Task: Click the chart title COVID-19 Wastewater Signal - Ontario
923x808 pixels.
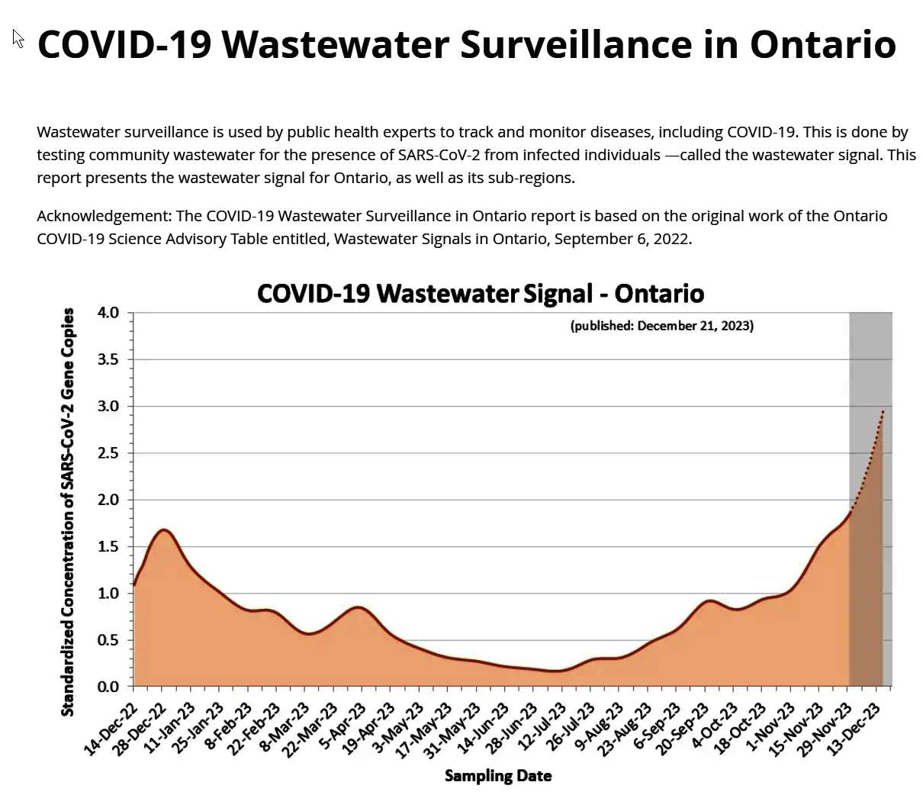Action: point(480,294)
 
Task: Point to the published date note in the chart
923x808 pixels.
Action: point(661,326)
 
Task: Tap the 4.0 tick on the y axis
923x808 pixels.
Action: point(108,313)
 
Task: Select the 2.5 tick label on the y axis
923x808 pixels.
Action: point(108,453)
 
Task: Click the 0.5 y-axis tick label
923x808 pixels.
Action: point(108,640)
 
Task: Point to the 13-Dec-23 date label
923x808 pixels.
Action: point(855,729)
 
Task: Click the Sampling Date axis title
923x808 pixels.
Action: point(497,776)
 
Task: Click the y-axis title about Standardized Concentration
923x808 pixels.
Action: point(68,511)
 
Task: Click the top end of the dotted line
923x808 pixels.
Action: point(883,411)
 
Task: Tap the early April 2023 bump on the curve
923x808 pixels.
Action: point(359,607)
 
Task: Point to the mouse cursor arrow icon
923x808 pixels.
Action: point(18,38)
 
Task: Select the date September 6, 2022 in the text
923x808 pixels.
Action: point(622,239)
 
